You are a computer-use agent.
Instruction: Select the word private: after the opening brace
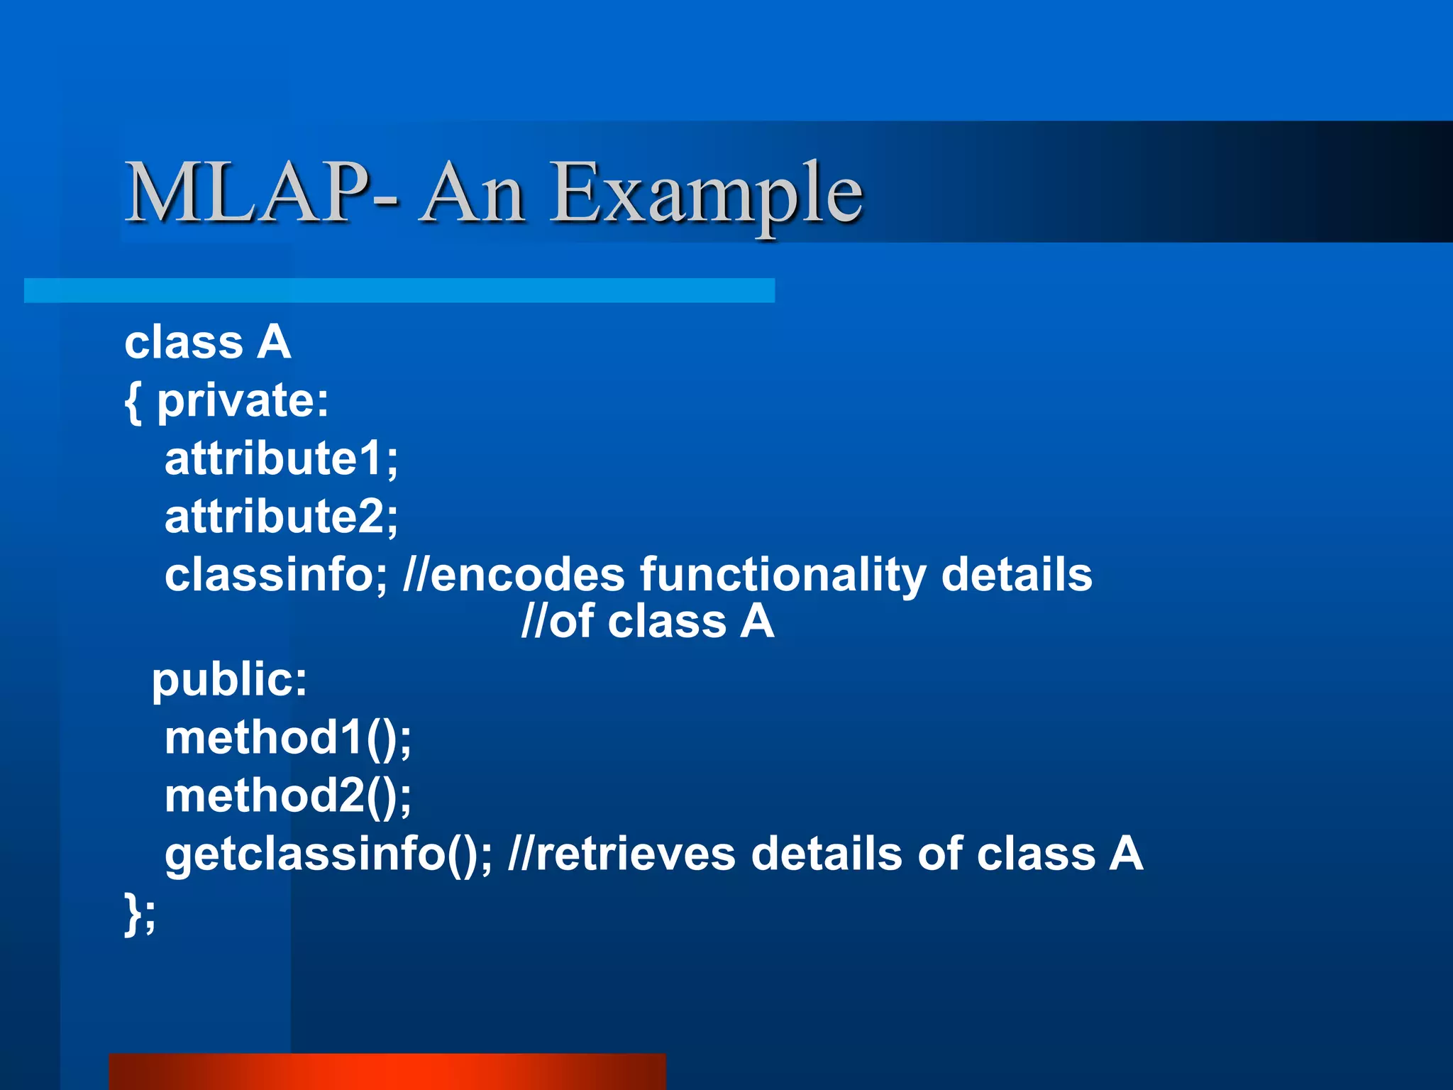tap(243, 402)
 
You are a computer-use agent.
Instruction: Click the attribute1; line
tap(281, 459)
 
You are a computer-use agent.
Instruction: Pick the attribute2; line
tap(281, 517)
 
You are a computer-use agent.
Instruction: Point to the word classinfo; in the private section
tap(276, 575)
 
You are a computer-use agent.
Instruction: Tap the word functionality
tap(783, 576)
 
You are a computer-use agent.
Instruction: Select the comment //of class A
tap(647, 622)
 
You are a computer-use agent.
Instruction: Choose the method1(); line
tap(287, 738)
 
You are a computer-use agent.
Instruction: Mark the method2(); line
tap(287, 796)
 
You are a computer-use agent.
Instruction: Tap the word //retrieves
tap(621, 854)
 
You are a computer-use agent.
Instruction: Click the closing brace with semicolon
tap(140, 914)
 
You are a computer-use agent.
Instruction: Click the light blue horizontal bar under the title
tap(399, 290)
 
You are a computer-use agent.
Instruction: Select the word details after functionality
tap(1016, 575)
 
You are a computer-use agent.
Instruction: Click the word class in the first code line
tap(184, 343)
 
